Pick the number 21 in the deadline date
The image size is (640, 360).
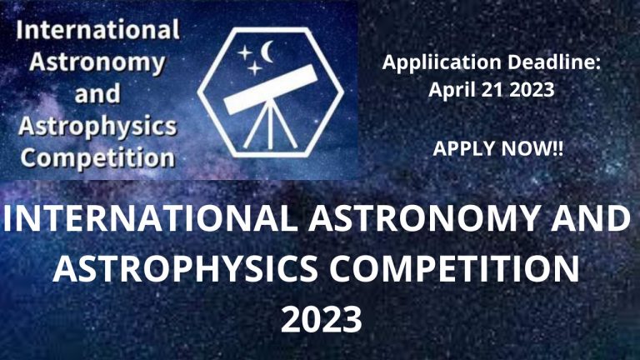492,90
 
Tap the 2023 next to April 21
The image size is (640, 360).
531,90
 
